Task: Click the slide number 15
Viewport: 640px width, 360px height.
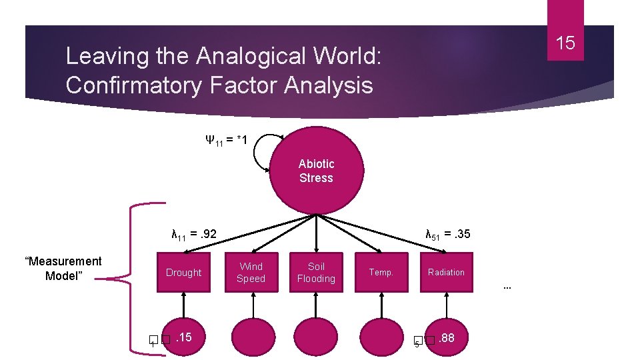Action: (x=565, y=43)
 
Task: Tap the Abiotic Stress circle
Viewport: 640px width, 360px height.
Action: (x=316, y=171)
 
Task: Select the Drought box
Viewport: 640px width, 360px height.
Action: (x=183, y=272)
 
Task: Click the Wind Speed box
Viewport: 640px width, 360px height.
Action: (x=251, y=272)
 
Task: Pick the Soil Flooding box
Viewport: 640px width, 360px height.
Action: (x=316, y=272)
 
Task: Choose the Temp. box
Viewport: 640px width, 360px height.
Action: (x=381, y=272)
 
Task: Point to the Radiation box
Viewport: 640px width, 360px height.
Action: (x=446, y=272)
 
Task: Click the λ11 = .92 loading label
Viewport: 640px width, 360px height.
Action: (x=193, y=234)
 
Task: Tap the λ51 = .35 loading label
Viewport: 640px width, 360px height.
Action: (x=448, y=234)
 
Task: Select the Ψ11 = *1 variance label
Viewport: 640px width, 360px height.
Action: (x=227, y=140)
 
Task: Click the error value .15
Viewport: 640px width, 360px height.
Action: (x=183, y=338)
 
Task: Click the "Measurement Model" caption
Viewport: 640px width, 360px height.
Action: (x=63, y=268)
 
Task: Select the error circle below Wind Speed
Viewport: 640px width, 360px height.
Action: (x=252, y=339)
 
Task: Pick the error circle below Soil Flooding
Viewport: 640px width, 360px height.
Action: (x=316, y=339)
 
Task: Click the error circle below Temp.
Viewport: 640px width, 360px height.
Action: (x=381, y=339)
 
